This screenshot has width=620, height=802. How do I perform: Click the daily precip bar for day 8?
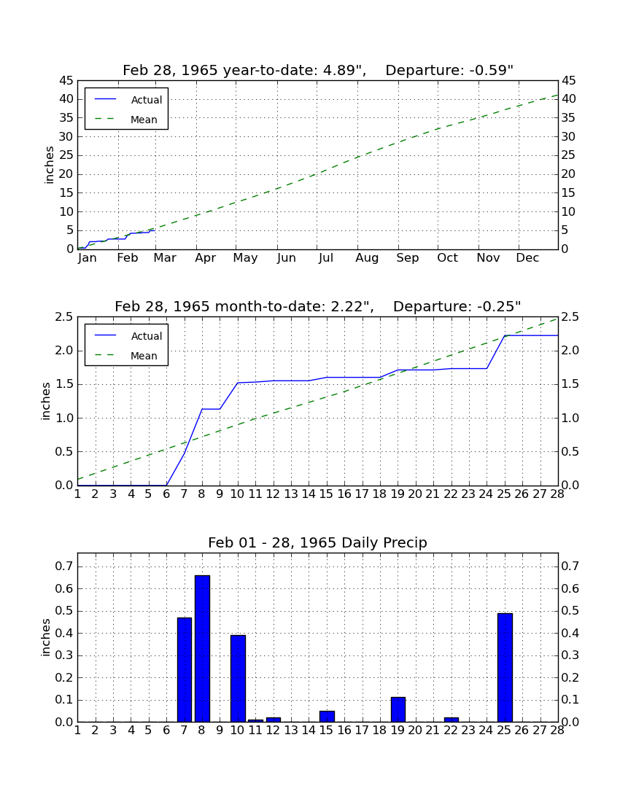pos(202,649)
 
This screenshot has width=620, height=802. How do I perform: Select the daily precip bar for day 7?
pos(185,670)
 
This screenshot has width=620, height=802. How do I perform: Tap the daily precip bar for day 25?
pos(505,667)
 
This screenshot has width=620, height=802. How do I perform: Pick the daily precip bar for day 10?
pos(238,679)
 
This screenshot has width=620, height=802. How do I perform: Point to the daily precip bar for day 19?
pos(398,709)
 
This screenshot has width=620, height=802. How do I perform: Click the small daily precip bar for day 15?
pos(327,717)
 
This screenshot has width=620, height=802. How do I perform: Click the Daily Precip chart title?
pos(317,542)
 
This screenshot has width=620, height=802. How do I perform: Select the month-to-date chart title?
pos(318,306)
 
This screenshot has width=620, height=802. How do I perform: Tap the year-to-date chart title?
pos(318,70)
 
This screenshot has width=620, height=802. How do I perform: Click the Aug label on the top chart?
pos(368,258)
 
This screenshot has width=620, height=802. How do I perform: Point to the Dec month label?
pos(527,258)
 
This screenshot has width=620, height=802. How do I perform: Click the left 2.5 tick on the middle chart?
pos(64,317)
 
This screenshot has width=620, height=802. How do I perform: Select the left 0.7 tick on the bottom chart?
pos(64,566)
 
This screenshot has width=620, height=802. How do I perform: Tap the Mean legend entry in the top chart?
pos(127,120)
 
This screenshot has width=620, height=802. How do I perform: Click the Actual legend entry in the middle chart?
pos(128,336)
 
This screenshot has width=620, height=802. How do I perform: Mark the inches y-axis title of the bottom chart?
pos(46,637)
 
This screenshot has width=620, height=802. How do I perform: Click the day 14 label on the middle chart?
pos(309,494)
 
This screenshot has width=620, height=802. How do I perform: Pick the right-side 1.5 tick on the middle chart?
pos(571,385)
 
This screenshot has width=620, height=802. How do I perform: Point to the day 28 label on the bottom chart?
pos(557,731)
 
